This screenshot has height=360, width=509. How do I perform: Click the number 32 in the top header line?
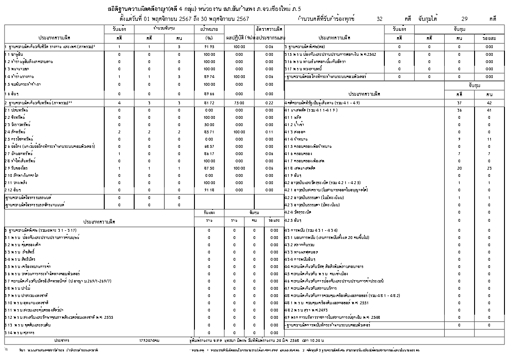click(379, 19)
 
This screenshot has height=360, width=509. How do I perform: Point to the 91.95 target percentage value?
click(209, 47)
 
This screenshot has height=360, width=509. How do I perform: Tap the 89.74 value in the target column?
click(209, 77)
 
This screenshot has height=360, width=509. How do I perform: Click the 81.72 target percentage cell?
click(209, 103)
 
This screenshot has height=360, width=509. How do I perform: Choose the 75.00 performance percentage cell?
click(239, 103)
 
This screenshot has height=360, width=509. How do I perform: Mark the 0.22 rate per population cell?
click(269, 103)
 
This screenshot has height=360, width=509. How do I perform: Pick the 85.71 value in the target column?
click(209, 131)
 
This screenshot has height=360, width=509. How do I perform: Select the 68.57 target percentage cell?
click(209, 146)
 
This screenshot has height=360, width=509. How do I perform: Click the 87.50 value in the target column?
click(209, 169)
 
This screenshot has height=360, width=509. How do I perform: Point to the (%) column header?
click(209, 38)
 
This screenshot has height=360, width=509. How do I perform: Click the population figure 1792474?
click(149, 340)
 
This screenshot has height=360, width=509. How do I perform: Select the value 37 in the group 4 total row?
click(459, 102)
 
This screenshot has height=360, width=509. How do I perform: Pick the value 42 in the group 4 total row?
click(489, 102)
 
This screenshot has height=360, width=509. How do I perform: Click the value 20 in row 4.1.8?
click(459, 169)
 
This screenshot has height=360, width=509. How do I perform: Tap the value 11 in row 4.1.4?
click(489, 139)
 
